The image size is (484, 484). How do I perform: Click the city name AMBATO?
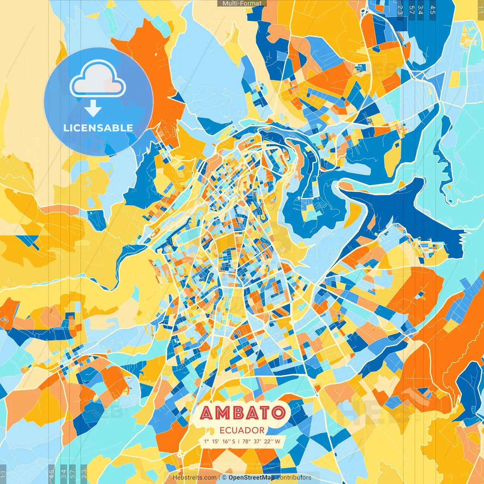pyautogui.click(x=243, y=413)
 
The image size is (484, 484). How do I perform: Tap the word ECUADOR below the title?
pyautogui.click(x=242, y=430)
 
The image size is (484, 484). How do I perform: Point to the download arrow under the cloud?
pyautogui.click(x=93, y=109)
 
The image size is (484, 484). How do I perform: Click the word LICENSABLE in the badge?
pyautogui.click(x=98, y=128)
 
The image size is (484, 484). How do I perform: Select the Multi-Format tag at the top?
pyautogui.click(x=242, y=3)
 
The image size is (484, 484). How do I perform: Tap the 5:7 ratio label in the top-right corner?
pyautogui.click(x=412, y=10)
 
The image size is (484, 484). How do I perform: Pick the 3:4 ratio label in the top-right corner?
pyautogui.click(x=420, y=10)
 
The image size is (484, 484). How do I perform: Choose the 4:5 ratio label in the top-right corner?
pyautogui.click(x=433, y=10)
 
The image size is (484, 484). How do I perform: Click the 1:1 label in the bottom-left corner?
pyautogui.click(x=3, y=474)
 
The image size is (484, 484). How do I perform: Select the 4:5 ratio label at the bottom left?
pyautogui.click(x=52, y=474)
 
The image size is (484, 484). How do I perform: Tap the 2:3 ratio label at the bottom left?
pyautogui.click(x=84, y=474)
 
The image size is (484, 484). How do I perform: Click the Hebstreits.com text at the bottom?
pyautogui.click(x=195, y=478)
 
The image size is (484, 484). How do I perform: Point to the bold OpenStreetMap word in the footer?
pyautogui.click(x=251, y=478)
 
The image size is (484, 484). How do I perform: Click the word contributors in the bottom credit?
pyautogui.click(x=294, y=478)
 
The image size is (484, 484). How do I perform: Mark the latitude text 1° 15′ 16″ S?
pyautogui.click(x=219, y=441)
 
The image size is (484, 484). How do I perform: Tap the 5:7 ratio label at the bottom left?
pyautogui.click(x=73, y=474)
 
